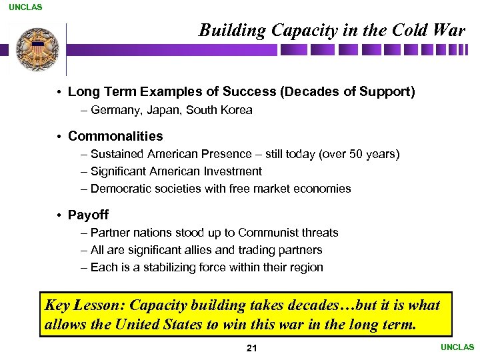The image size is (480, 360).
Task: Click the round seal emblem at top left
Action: point(37,50)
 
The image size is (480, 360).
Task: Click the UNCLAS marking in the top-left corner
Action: point(25,7)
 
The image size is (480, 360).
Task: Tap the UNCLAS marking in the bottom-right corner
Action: point(457,347)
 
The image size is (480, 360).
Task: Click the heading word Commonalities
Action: point(115,136)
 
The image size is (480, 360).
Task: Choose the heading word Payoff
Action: point(88,215)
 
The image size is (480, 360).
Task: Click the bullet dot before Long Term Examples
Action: point(59,92)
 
